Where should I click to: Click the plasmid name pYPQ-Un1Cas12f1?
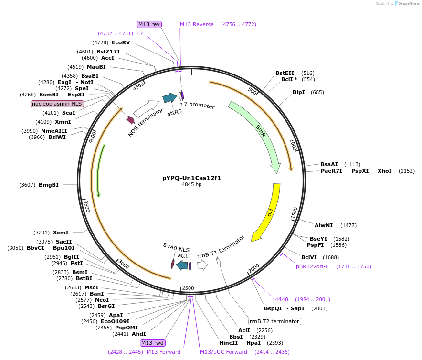coord(191,178)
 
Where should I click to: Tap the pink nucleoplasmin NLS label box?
coord(57,104)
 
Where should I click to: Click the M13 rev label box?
coord(149,24)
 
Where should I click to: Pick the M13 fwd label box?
coord(152,343)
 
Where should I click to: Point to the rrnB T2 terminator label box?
coord(274,321)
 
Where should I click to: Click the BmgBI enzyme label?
coord(49,185)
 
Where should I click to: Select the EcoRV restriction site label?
coord(121,42)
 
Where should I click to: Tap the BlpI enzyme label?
coord(299,92)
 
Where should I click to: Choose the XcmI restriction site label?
coord(61,233)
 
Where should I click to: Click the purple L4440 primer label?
coord(280,299)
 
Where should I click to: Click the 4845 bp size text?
coord(191,185)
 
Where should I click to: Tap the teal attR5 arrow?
coord(169,98)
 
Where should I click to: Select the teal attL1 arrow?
coord(182,265)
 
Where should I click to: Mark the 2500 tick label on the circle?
coord(188,288)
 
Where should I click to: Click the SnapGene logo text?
coord(409,3)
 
